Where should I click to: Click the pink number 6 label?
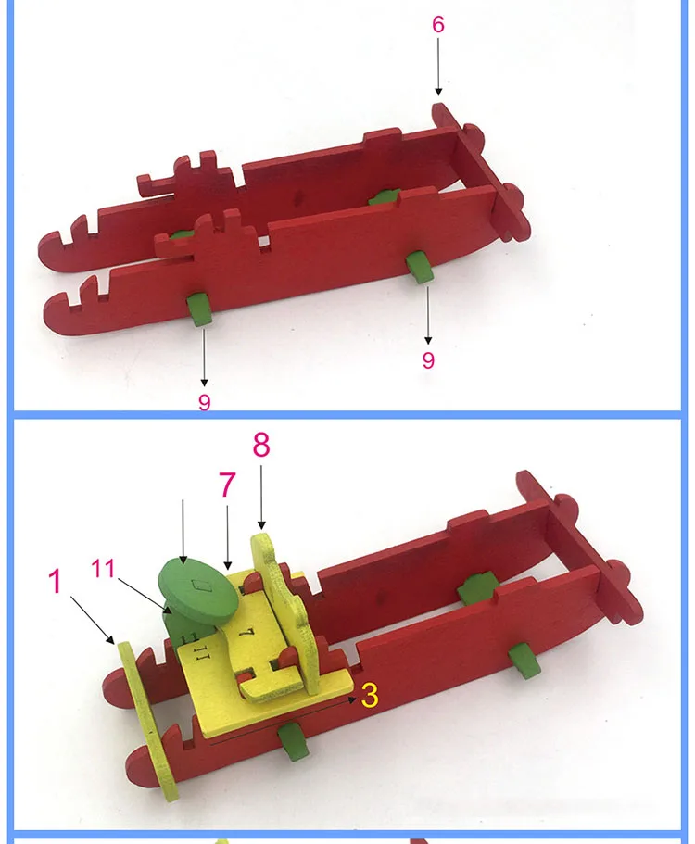(x=438, y=24)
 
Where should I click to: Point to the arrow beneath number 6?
(x=438, y=67)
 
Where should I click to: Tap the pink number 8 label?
(x=261, y=445)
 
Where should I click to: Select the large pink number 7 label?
(x=227, y=485)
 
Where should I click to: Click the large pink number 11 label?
(x=103, y=568)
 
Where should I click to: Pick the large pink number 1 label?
(x=55, y=581)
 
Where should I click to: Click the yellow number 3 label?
(x=370, y=695)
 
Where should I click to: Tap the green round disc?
(x=197, y=593)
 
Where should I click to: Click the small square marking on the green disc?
(x=201, y=586)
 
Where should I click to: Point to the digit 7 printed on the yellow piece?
(x=246, y=632)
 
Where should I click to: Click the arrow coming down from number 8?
(x=261, y=497)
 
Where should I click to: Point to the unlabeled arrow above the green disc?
(x=183, y=532)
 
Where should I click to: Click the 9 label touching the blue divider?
(x=205, y=401)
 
